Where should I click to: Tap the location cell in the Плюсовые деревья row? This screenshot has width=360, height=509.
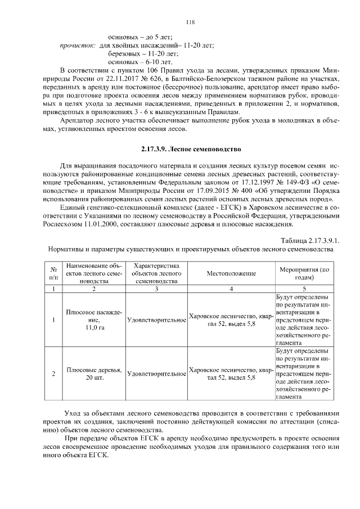(x=231, y=373)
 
